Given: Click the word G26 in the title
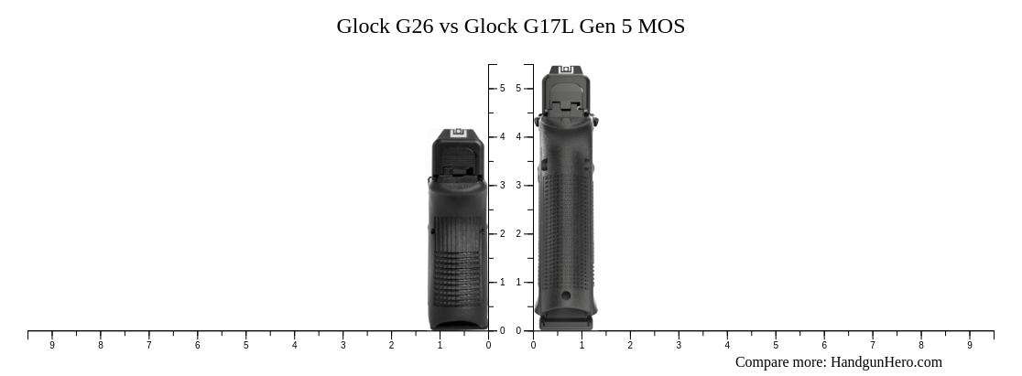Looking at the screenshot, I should point(414,26).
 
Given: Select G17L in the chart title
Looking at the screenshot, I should point(549,26).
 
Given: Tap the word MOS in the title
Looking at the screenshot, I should point(660,26).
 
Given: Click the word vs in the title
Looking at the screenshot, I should point(449,26).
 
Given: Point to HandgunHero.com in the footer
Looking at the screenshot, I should point(886,362).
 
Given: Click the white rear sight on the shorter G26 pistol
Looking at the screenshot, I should point(459,134).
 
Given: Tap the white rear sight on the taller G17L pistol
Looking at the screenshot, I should point(566,70).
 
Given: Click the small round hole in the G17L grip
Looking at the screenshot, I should point(566,295).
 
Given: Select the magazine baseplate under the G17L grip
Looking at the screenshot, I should point(566,323).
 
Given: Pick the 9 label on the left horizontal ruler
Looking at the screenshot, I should point(52,345).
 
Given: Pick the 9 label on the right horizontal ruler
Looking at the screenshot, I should point(970,345).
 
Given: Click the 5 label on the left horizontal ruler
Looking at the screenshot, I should point(245,345).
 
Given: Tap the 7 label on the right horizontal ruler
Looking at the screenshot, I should point(873,345).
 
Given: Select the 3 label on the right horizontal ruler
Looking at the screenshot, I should point(679,345).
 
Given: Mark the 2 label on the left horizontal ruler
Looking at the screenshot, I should point(391,345).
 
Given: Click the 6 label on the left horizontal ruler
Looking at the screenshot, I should point(197,345).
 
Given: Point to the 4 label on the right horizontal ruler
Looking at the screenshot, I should point(727,345).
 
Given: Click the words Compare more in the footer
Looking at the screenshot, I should point(780,362).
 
